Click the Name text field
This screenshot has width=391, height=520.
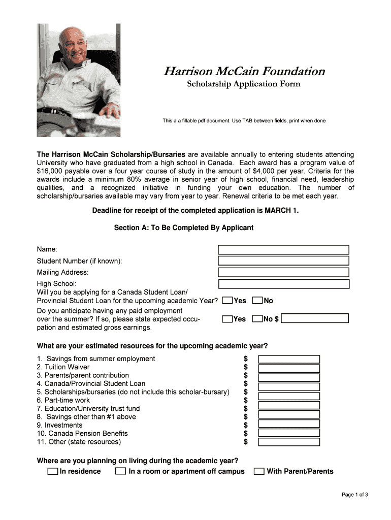(x=283, y=250)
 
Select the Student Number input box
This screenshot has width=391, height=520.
(x=283, y=261)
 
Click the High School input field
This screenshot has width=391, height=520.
(x=283, y=284)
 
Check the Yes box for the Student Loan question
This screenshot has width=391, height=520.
(x=227, y=301)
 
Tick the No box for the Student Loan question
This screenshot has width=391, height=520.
(x=257, y=301)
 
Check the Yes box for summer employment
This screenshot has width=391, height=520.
(x=227, y=319)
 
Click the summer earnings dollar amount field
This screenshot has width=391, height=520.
(x=315, y=319)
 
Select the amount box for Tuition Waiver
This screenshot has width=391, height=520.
(x=289, y=368)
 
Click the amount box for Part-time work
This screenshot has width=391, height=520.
(x=289, y=401)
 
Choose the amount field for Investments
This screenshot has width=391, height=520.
(x=289, y=425)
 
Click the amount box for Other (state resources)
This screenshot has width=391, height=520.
(x=289, y=442)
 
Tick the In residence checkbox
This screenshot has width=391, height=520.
(x=53, y=471)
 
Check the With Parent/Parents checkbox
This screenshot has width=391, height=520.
(x=259, y=471)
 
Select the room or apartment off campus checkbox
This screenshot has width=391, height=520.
(x=120, y=471)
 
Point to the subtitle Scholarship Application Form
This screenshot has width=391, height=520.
(x=243, y=84)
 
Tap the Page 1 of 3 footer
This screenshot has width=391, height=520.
(x=354, y=495)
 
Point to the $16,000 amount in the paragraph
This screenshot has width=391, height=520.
(x=51, y=171)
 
